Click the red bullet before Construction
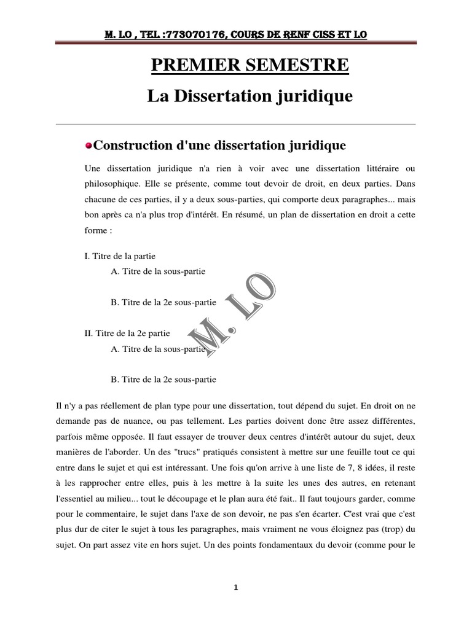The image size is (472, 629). point(88,146)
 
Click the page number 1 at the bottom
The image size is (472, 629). point(236,587)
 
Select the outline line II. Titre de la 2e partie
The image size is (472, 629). point(127,333)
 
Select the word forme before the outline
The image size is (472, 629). point(95,231)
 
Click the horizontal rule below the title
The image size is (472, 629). point(236,124)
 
